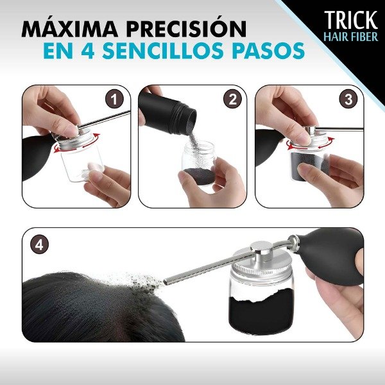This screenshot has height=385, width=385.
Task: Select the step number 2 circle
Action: (x=232, y=99)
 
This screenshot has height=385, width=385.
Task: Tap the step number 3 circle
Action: (x=348, y=99)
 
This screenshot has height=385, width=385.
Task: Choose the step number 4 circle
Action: (x=40, y=244)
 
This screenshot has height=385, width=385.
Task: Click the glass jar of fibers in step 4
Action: (x=260, y=302)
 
